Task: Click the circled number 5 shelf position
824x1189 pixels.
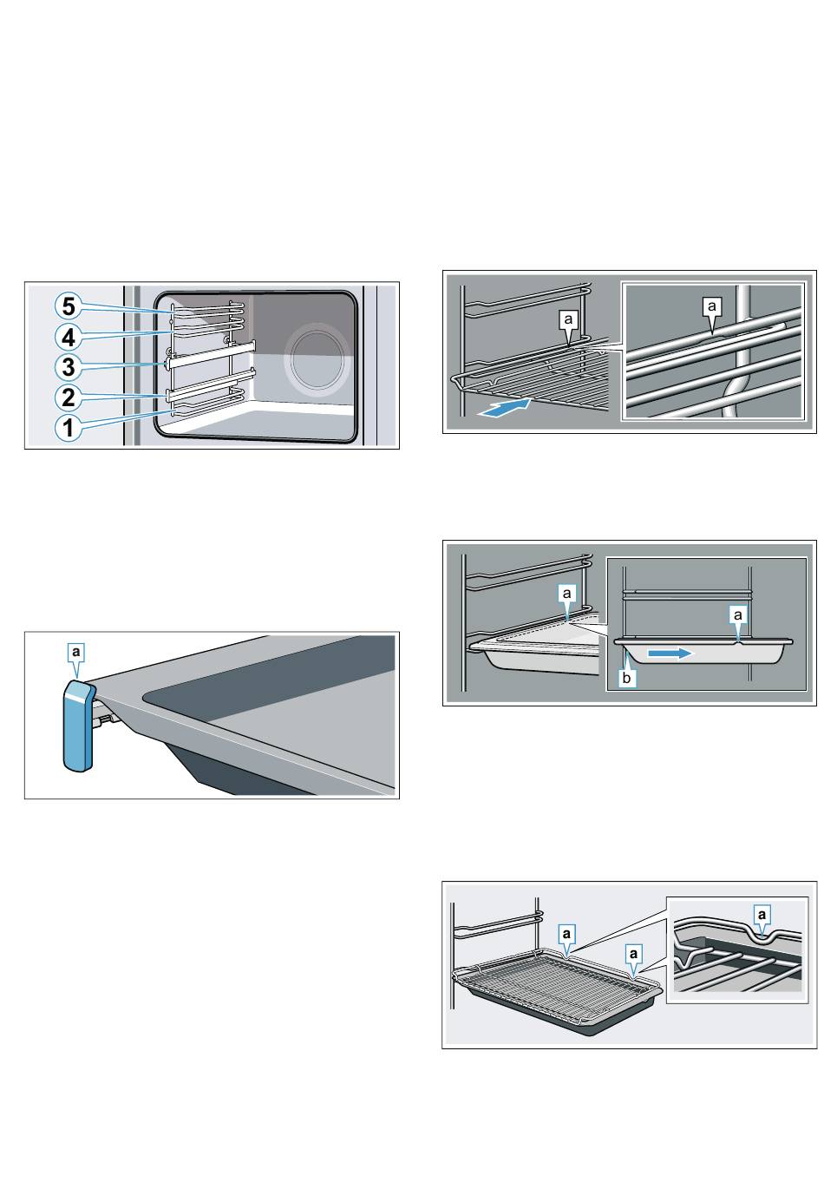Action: click(x=69, y=306)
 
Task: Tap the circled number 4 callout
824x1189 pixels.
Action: click(x=69, y=337)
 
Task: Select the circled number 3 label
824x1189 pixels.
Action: click(x=69, y=366)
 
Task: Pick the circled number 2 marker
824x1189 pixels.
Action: click(x=69, y=397)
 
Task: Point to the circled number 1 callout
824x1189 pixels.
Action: click(x=69, y=427)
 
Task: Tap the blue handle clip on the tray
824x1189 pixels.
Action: click(x=77, y=725)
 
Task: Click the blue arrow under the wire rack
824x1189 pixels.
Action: click(x=504, y=407)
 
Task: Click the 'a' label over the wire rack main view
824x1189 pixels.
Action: click(x=568, y=319)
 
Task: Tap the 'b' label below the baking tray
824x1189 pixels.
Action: click(x=627, y=678)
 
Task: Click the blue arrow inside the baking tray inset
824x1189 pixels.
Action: click(x=669, y=654)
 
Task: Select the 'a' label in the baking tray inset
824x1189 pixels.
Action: click(x=737, y=615)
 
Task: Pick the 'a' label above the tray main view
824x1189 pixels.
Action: click(x=566, y=593)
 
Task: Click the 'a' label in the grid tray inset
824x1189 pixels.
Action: click(x=762, y=914)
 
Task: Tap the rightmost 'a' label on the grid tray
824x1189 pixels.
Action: click(x=633, y=954)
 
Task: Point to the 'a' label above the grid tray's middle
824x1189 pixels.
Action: click(x=566, y=933)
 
